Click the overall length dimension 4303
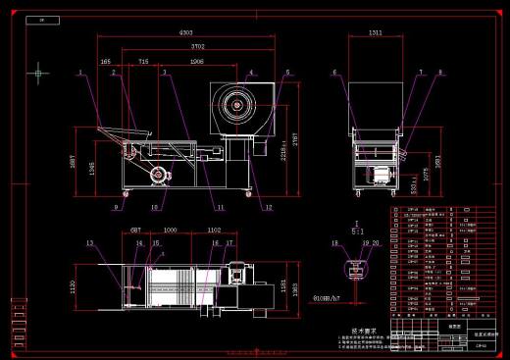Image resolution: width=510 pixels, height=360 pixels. pyautogui.click(x=185, y=33)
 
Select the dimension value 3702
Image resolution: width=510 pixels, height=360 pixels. pyautogui.click(x=197, y=46)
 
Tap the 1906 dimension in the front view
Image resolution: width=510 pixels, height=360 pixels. pyautogui.click(x=196, y=61)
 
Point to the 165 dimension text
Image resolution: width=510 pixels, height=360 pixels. pyautogui.click(x=105, y=61)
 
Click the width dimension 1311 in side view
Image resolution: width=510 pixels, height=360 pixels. pyautogui.click(x=375, y=33)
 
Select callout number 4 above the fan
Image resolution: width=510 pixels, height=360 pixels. pyautogui.click(x=250, y=73)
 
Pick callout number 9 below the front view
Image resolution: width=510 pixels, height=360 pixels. pyautogui.click(x=115, y=207)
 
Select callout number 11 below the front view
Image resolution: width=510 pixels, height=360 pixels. pyautogui.click(x=221, y=207)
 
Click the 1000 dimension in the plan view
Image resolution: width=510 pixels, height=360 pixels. pyautogui.click(x=171, y=230)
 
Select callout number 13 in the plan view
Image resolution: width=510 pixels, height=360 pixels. pyautogui.click(x=88, y=242)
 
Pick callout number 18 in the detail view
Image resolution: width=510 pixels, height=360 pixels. pyautogui.click(x=334, y=242)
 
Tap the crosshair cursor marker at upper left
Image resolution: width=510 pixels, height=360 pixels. pyautogui.click(x=38, y=72)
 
